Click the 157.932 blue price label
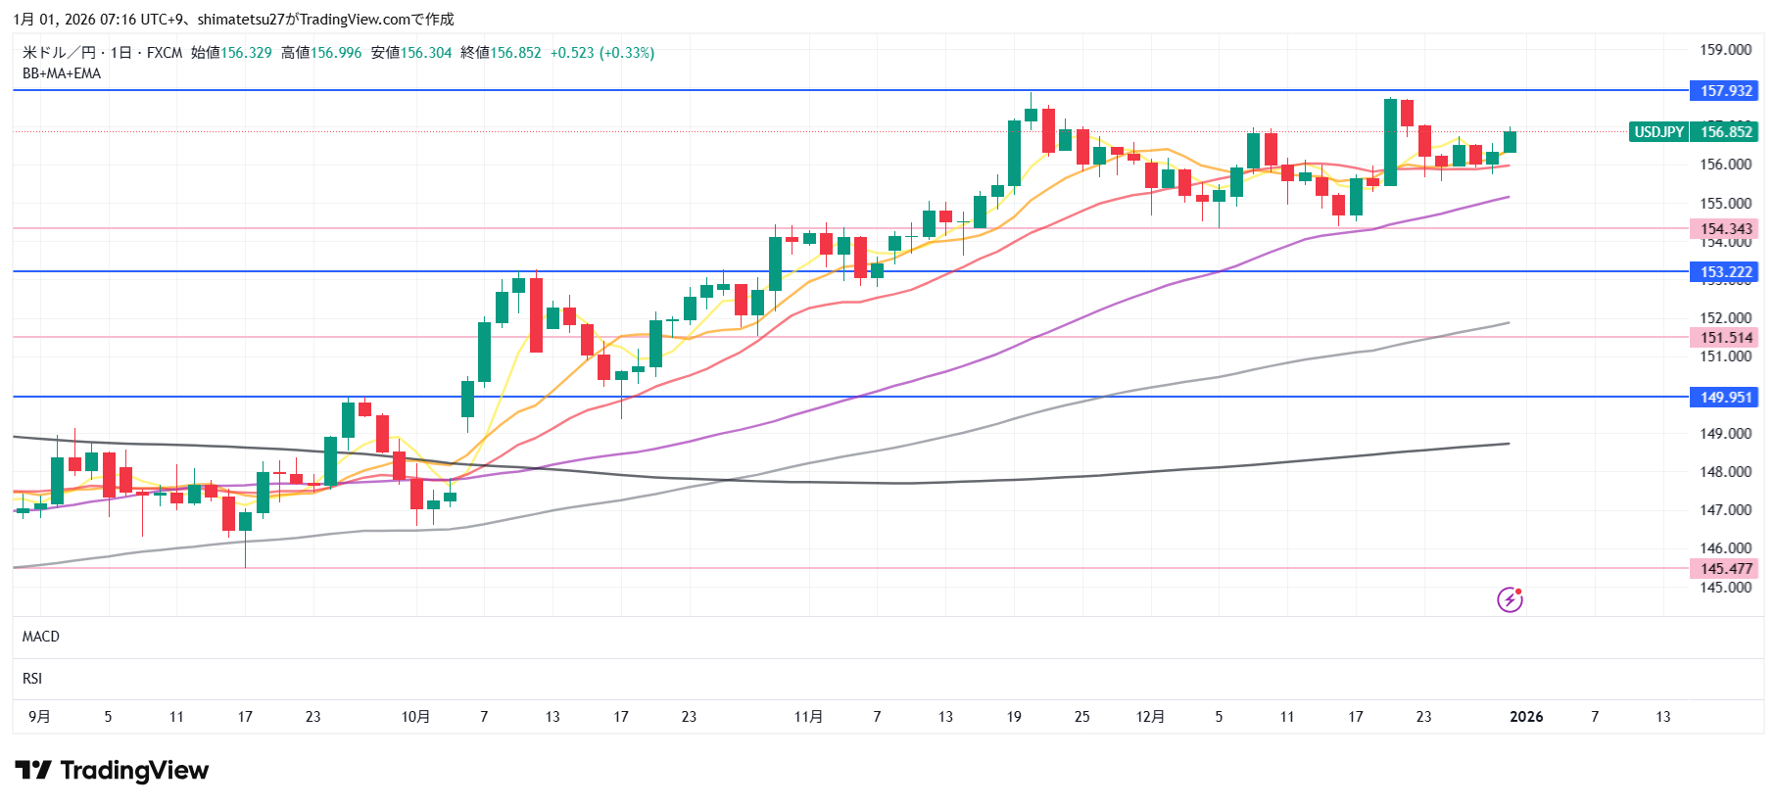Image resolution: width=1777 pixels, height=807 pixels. tap(1725, 91)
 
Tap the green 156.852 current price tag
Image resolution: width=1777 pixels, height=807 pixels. tap(1725, 132)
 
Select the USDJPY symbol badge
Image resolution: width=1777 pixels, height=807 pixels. tap(1658, 132)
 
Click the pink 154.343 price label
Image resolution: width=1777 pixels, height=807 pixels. tap(1725, 229)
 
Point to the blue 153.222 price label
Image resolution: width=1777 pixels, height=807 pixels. tap(1725, 272)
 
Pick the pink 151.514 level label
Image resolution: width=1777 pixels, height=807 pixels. tap(1725, 338)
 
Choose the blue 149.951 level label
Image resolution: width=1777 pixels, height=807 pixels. tap(1725, 398)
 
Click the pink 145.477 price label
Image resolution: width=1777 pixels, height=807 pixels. tap(1725, 569)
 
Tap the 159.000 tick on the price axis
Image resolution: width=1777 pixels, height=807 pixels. tap(1725, 50)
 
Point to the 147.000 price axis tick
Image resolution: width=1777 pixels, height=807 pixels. tap(1725, 510)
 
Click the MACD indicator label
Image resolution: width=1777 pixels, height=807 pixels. tap(41, 637)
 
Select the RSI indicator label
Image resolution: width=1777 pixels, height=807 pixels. tap(32, 679)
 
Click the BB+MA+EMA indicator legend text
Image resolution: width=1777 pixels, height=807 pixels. tap(62, 73)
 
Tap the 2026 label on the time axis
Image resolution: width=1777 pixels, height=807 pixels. tap(1526, 717)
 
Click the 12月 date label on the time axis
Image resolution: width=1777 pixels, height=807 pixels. tap(1150, 717)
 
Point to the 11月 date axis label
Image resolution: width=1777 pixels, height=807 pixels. tap(808, 717)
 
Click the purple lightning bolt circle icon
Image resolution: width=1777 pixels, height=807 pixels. tap(1510, 599)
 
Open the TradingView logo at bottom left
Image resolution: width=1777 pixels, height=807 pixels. tap(112, 771)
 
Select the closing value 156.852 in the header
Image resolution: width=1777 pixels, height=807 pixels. tap(515, 53)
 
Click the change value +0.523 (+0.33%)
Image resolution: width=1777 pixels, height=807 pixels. tap(602, 53)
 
